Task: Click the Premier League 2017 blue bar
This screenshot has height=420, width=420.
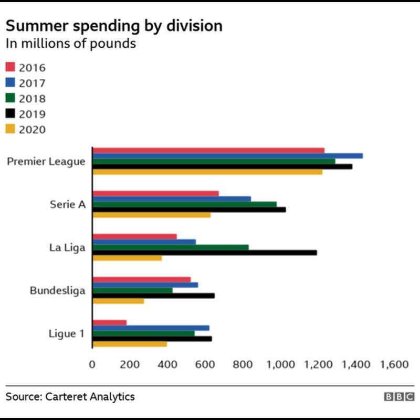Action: point(227,156)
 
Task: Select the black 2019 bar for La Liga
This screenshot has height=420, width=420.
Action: point(205,253)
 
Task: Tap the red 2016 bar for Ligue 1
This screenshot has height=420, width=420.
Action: point(110,322)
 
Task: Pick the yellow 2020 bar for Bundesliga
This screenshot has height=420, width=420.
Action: point(118,301)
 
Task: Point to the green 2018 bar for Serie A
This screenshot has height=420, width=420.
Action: point(185,204)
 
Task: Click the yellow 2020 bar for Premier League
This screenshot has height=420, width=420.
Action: point(207,172)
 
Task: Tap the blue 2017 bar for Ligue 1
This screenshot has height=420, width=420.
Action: point(151,328)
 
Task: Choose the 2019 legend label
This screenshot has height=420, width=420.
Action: point(32,114)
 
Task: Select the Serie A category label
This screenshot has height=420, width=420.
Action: point(67,205)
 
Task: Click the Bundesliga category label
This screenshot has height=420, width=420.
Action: point(58,290)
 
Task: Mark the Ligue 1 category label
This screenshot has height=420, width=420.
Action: point(66,333)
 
